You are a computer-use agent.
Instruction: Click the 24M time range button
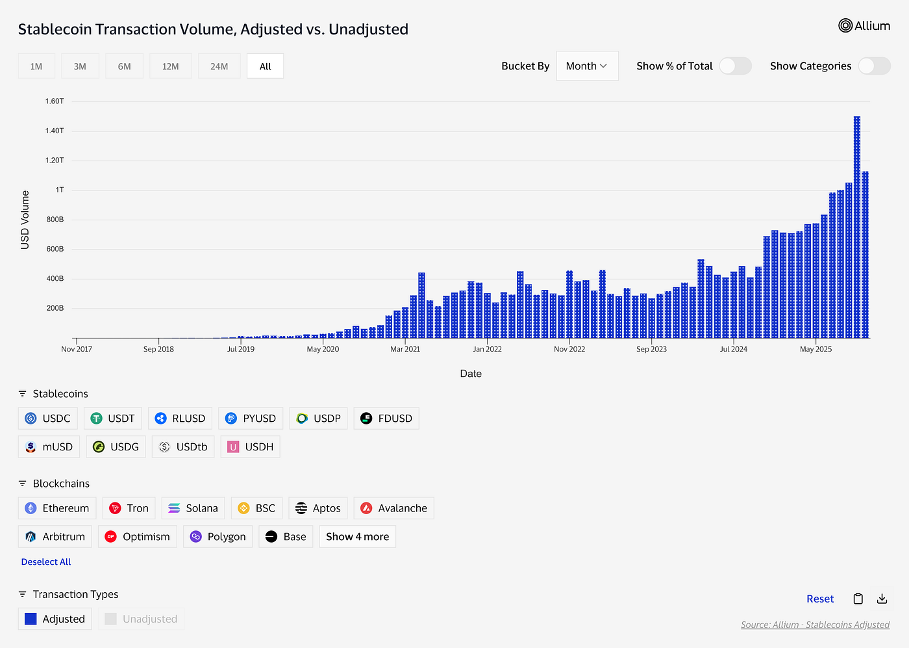[x=219, y=66]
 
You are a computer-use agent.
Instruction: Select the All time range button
[x=265, y=66]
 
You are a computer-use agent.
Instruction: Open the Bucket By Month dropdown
[x=587, y=66]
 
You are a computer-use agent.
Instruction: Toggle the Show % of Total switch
[x=735, y=66]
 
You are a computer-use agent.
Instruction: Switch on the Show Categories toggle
[x=874, y=66]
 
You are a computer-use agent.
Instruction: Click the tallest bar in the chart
[x=857, y=227]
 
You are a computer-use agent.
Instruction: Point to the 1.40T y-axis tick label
[x=55, y=131]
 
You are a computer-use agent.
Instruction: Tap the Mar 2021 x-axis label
[x=405, y=349]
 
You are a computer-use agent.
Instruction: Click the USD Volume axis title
[x=25, y=220]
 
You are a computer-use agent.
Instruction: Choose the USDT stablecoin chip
[x=113, y=419]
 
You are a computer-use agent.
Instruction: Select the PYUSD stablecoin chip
[x=251, y=419]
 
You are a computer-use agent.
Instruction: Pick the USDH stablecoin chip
[x=251, y=447]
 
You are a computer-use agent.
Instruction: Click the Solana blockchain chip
[x=193, y=508]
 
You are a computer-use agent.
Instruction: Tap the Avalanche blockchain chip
[x=393, y=508]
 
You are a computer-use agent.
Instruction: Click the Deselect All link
[x=46, y=562]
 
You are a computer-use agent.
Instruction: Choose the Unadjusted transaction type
[x=142, y=619]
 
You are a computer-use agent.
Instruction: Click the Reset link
[x=820, y=599]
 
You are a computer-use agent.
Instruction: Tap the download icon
[x=882, y=599]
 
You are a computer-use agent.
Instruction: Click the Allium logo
[x=864, y=26]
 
